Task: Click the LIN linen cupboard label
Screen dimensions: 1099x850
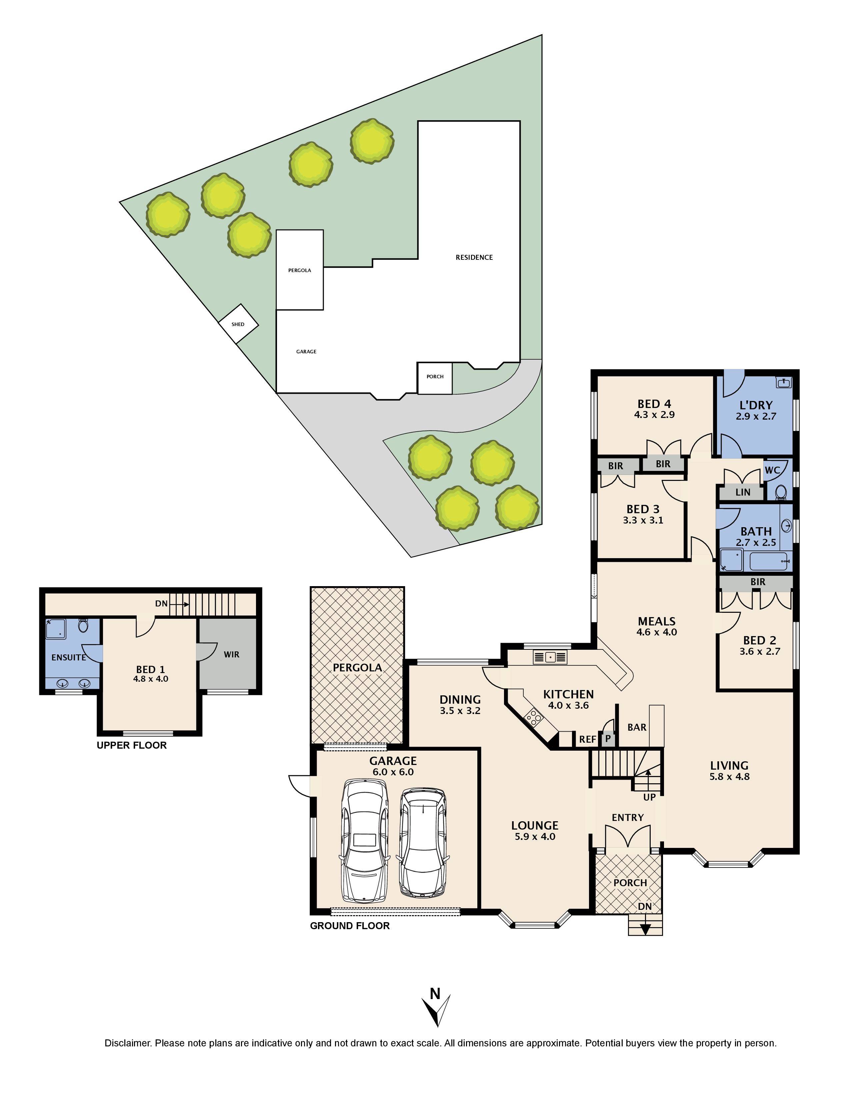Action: pos(743,493)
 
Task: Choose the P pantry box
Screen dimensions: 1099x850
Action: pos(608,739)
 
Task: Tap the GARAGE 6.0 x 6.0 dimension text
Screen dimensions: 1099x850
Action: pos(393,772)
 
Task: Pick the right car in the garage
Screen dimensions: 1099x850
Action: pos(422,842)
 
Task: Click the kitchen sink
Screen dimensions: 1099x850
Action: pos(550,657)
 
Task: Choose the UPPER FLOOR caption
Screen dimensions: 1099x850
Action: pos(131,745)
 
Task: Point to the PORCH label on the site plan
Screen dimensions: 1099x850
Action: pos(435,376)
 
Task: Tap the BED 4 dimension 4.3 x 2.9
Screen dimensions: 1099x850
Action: pos(654,415)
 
